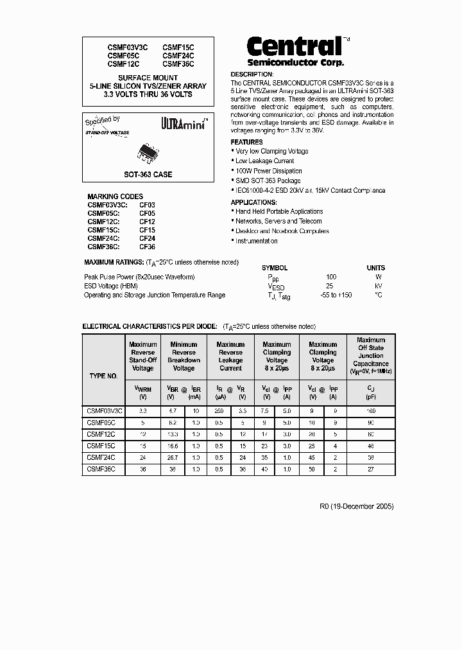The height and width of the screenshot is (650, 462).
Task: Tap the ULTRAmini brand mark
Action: (x=183, y=124)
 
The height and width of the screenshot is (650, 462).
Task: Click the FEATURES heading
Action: (x=246, y=142)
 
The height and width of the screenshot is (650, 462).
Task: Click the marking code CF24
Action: (x=147, y=238)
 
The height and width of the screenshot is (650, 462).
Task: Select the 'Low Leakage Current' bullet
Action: (x=264, y=161)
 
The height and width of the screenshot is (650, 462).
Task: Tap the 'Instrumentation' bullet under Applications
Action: (x=256, y=241)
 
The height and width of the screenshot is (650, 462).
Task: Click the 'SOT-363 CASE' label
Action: (x=148, y=174)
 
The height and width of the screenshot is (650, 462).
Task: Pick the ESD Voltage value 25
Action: (x=330, y=286)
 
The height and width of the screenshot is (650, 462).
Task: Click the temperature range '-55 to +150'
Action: (x=336, y=295)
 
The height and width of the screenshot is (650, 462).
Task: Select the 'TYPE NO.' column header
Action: (x=103, y=376)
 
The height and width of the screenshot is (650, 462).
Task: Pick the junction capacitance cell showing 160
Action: (x=371, y=410)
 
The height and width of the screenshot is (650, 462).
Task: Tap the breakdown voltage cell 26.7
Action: (x=173, y=457)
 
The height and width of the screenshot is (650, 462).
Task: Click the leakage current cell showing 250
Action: (x=219, y=410)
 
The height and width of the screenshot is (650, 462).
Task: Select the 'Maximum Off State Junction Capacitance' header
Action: (x=371, y=356)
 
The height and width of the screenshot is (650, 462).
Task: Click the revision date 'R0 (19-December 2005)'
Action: (x=356, y=506)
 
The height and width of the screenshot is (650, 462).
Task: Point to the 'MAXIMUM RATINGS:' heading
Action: (x=114, y=262)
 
